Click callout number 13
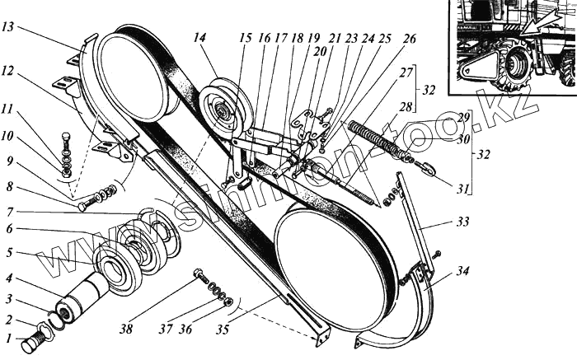(10, 27)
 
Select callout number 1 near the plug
(8, 339)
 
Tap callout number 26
(409, 39)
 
